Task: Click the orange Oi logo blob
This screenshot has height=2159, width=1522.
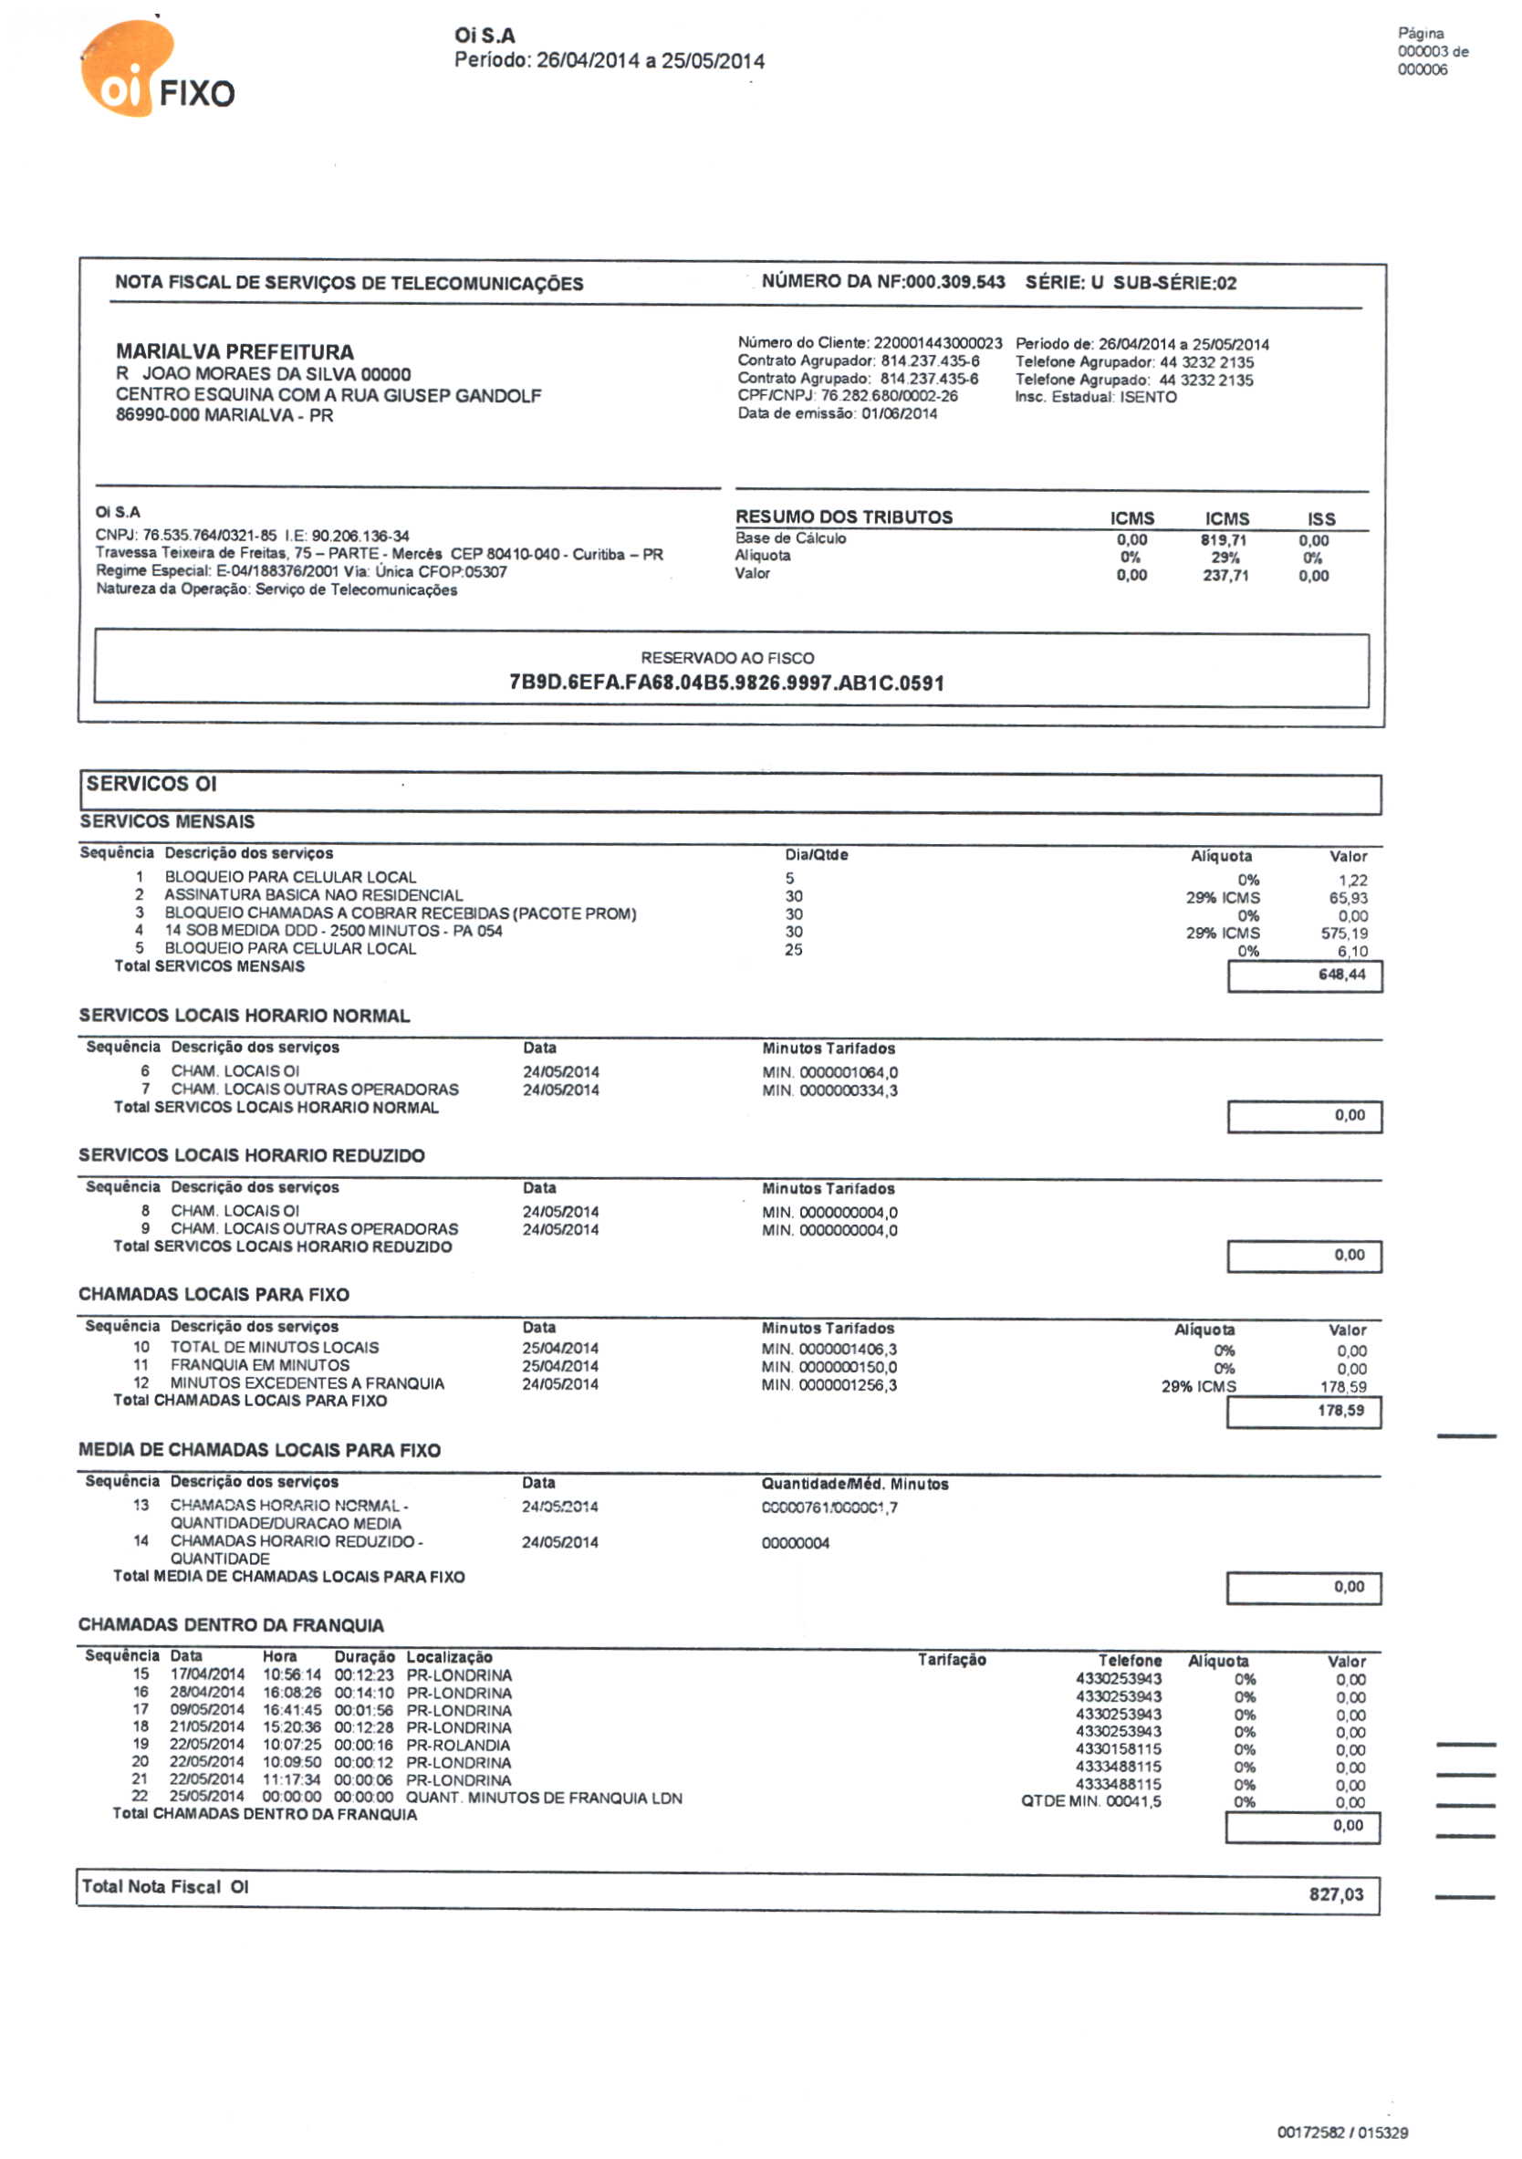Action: (x=126, y=68)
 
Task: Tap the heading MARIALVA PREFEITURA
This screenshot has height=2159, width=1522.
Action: (x=235, y=351)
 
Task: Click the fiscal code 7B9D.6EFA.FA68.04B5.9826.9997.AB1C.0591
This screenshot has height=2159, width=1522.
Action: (x=726, y=683)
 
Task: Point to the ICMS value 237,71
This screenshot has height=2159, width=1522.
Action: (x=1225, y=576)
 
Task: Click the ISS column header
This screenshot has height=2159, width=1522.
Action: (x=1321, y=518)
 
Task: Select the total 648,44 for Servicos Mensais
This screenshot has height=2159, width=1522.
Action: (x=1341, y=975)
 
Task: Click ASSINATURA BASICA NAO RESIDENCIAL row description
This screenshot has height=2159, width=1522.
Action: (x=313, y=895)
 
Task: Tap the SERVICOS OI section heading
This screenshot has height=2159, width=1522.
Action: (x=151, y=783)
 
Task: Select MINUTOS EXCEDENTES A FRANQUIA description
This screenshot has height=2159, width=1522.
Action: (x=307, y=1383)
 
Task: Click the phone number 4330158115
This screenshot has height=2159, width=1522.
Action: (x=1118, y=1749)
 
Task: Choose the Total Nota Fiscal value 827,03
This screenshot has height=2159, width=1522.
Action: (x=1336, y=1893)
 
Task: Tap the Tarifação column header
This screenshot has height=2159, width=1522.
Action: (x=952, y=1660)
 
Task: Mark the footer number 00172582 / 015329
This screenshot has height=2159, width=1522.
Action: (x=1341, y=2132)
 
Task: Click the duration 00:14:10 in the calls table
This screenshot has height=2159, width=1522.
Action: (x=364, y=1694)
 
